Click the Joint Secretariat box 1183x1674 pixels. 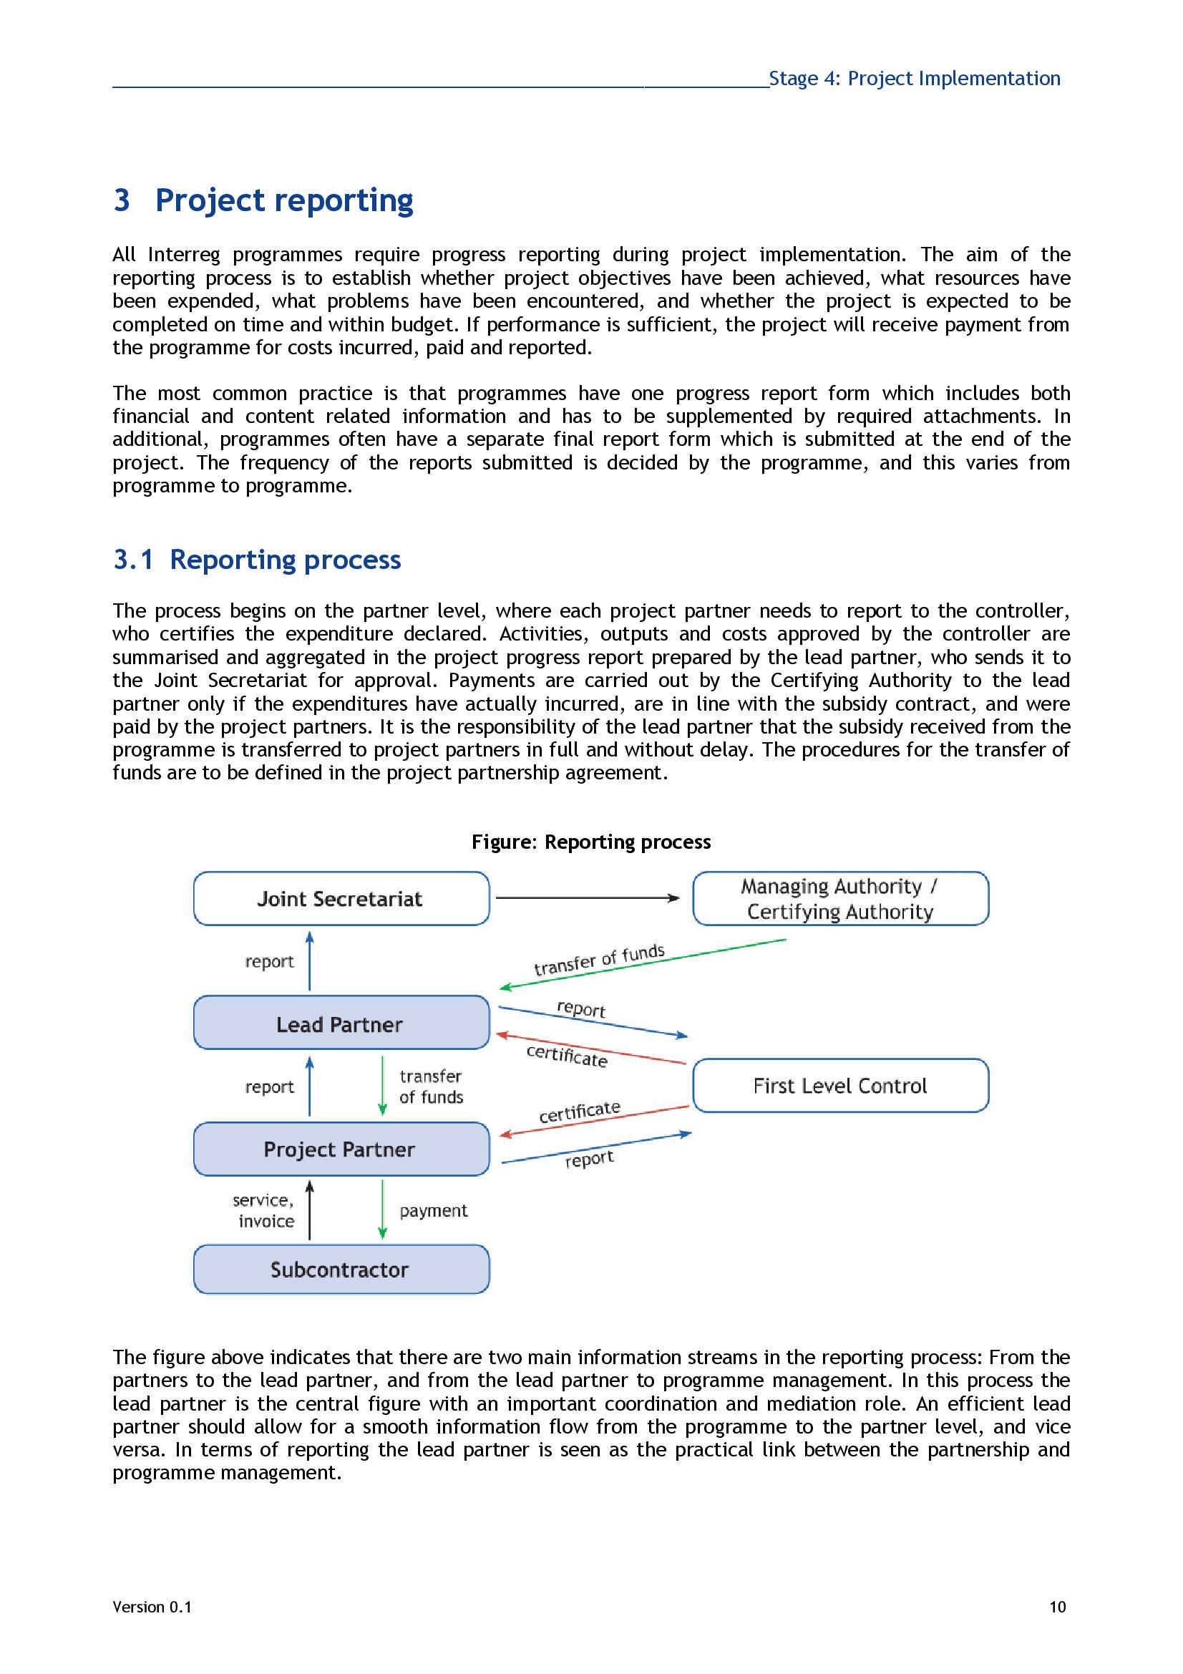tap(341, 898)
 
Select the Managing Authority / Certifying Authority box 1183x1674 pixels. tap(839, 898)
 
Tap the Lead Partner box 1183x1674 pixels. tap(341, 1023)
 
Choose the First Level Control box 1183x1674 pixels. tap(839, 1086)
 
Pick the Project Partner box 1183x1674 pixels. tap(341, 1149)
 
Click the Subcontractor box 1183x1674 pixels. tap(341, 1270)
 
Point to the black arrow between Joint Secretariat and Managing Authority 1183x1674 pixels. tap(587, 898)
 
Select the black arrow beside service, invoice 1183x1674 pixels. tap(309, 1210)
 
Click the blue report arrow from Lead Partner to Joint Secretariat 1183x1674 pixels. tap(309, 960)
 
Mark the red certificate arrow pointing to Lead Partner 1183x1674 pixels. tap(590, 1048)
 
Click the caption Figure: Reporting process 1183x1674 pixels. tap(590, 842)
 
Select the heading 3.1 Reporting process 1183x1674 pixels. tap(257, 560)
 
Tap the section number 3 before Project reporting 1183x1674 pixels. tap(122, 200)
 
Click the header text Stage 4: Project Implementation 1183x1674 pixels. tap(914, 79)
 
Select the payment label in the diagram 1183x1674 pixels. tap(433, 1210)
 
